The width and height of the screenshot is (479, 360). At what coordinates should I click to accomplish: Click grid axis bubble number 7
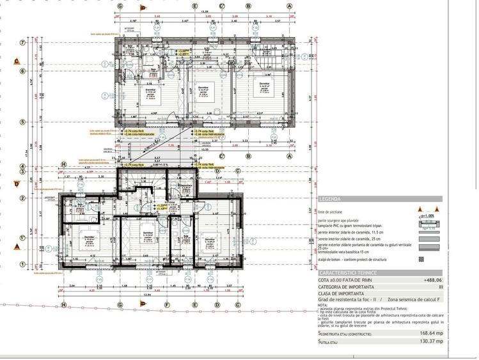(x=22, y=43)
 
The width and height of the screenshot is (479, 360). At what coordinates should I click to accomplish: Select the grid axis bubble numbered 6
(x=22, y=71)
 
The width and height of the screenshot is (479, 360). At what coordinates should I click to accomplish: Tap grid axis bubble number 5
(x=22, y=121)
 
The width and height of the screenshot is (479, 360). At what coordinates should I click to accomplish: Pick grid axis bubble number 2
(x=22, y=198)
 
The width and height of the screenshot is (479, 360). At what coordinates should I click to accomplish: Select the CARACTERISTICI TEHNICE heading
(x=348, y=273)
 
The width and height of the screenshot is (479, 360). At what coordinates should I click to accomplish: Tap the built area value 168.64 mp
(x=431, y=333)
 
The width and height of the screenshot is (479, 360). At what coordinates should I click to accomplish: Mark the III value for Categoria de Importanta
(x=440, y=287)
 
